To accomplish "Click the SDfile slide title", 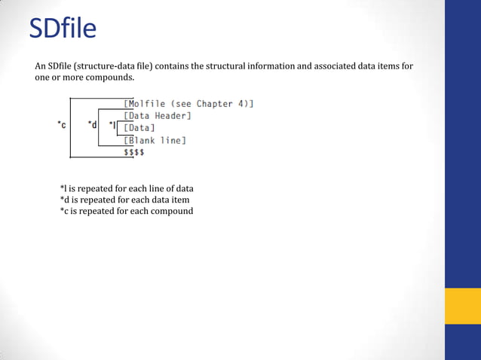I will (63, 29).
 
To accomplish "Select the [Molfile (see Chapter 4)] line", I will (188, 104).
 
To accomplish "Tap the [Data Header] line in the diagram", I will (158, 116).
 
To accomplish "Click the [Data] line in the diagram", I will (139, 128).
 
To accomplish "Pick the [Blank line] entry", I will (155, 140).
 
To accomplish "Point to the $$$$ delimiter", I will (134, 152).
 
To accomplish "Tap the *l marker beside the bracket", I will (112, 125).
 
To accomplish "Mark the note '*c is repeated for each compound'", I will (126, 211).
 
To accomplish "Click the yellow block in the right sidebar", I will (463, 306).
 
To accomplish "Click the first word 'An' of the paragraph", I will (41, 66).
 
